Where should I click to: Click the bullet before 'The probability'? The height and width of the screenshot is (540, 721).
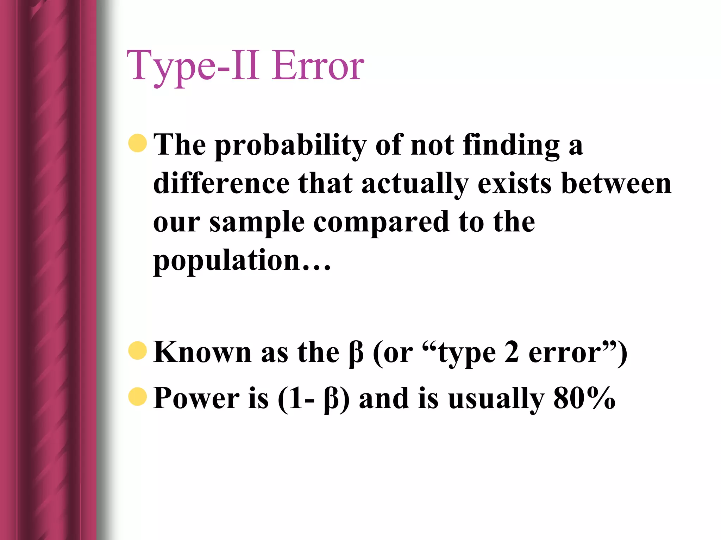coord(138,143)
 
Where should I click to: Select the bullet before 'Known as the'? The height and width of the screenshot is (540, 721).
coord(138,351)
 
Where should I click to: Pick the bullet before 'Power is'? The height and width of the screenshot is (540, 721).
coord(138,397)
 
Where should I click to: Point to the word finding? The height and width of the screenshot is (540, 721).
coord(511,145)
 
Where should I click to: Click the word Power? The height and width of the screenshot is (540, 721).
coord(196,398)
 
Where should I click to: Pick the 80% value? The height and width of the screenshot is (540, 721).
coord(584,398)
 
